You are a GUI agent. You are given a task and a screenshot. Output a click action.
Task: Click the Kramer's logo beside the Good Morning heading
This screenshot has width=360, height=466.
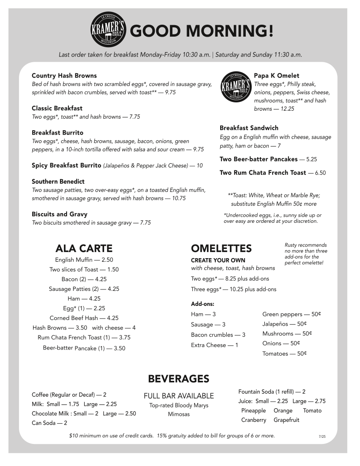[x=109, y=30]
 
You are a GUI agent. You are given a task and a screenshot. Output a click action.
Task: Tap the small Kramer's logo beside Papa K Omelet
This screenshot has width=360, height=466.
[x=236, y=86]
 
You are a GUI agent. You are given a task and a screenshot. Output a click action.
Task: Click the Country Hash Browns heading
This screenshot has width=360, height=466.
[x=64, y=75]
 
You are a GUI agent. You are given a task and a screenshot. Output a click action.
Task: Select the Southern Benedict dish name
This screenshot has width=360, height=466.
[x=58, y=181]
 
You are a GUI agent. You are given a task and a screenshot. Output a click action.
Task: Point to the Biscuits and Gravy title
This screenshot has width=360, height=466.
[x=60, y=214]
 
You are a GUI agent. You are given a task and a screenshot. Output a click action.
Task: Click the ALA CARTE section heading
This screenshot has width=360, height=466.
[x=84, y=248]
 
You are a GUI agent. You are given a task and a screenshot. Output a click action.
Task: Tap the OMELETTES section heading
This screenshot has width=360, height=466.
[x=221, y=248]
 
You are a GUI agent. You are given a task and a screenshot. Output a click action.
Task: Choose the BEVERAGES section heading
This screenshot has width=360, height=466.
[x=178, y=379]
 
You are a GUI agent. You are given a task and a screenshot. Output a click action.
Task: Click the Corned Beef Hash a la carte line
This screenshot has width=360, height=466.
[x=84, y=318]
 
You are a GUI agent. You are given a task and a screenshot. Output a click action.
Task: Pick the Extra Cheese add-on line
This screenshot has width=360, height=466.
[x=214, y=345]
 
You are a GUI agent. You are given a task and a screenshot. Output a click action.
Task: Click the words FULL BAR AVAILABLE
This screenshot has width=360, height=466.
[x=179, y=396]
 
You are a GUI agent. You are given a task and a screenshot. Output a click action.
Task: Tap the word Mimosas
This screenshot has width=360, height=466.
[x=179, y=414]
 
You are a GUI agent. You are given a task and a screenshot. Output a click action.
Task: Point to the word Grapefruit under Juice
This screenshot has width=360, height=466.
[x=286, y=420]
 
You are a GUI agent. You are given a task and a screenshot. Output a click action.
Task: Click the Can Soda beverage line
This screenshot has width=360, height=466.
[x=49, y=423]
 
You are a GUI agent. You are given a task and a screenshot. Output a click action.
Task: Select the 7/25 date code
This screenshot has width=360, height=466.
[x=322, y=436]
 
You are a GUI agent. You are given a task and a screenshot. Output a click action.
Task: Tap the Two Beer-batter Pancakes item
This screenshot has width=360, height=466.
[x=259, y=159]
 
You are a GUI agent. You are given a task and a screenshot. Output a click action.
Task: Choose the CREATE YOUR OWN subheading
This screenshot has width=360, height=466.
[x=218, y=260]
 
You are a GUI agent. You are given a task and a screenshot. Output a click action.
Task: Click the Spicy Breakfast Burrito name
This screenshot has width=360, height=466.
[x=66, y=165]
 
